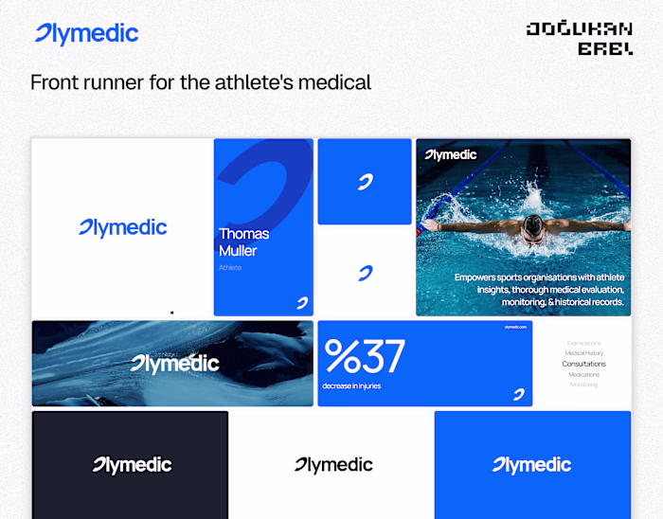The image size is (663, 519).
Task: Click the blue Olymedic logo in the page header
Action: pos(86,35)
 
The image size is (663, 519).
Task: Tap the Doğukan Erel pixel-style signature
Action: pos(580,38)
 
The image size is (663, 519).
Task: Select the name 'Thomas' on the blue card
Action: pos(243,234)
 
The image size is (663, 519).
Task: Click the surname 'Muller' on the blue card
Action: pos(238,251)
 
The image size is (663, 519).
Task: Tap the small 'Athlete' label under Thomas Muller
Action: pos(230,268)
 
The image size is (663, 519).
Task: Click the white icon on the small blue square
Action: pos(365,182)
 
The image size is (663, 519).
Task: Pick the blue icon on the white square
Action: pos(365,274)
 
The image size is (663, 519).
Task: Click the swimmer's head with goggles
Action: pos(534,224)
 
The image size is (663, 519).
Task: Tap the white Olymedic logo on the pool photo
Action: pos(451,154)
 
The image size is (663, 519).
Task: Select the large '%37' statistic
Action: pos(365,356)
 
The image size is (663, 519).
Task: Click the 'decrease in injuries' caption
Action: pos(352,385)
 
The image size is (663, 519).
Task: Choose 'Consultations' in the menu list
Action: pos(583,364)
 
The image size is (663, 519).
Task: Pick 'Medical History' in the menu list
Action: pos(583,353)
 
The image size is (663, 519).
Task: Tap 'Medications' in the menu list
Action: pos(583,374)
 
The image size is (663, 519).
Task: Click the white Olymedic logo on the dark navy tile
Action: pos(132,465)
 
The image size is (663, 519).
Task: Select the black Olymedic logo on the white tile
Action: pos(333,465)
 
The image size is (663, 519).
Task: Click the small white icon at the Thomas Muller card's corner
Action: pos(302,303)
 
